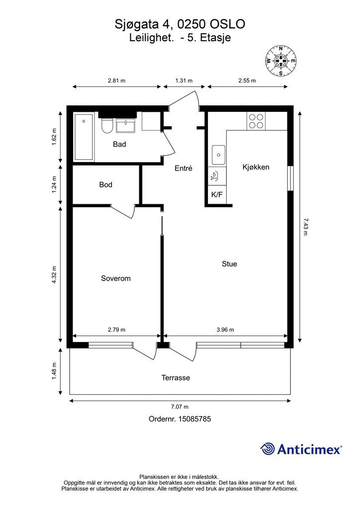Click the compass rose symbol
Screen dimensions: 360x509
[281, 61]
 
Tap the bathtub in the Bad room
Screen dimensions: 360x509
[84, 137]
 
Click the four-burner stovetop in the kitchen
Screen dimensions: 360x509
[256, 121]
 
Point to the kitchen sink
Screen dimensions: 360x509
[218, 155]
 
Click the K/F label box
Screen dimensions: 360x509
[217, 195]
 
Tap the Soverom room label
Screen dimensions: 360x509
[116, 278]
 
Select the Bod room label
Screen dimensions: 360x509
[106, 185]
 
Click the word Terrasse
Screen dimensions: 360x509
[176, 378]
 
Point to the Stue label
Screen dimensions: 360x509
[230, 264]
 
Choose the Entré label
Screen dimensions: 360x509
[183, 168]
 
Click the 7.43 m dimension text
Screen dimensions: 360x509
[305, 227]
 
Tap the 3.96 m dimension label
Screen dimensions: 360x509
[225, 330]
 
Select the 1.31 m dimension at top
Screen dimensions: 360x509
[184, 81]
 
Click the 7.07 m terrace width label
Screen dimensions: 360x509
[180, 407]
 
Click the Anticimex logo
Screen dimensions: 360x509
[301, 449]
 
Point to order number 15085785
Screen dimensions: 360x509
[180, 419]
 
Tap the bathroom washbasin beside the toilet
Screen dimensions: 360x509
[126, 126]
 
